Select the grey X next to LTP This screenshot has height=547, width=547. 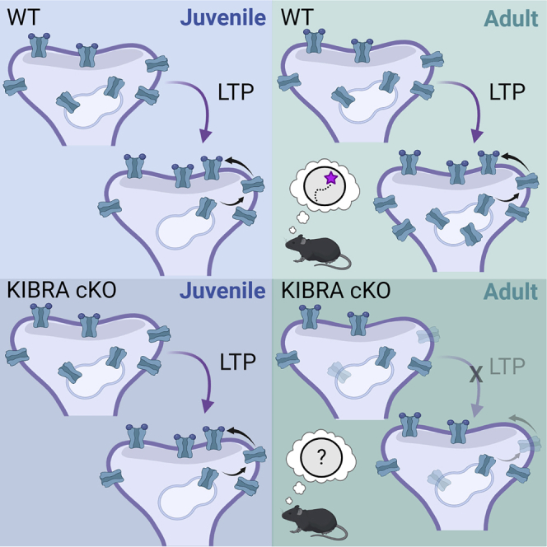(475, 372)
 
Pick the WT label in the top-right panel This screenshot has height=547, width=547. (300, 16)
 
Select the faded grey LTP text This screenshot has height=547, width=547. (505, 363)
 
